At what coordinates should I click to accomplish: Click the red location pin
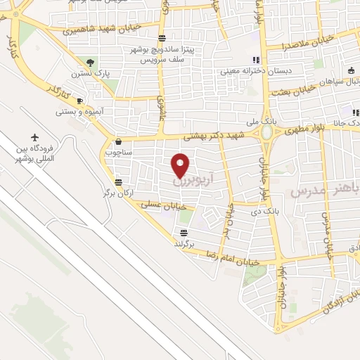[181, 165]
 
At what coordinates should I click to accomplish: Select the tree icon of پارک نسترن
[88, 63]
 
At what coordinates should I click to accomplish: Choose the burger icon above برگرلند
[184, 233]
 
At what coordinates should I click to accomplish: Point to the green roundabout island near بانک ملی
[267, 133]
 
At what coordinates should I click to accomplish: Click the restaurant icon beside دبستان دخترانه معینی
[256, 60]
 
